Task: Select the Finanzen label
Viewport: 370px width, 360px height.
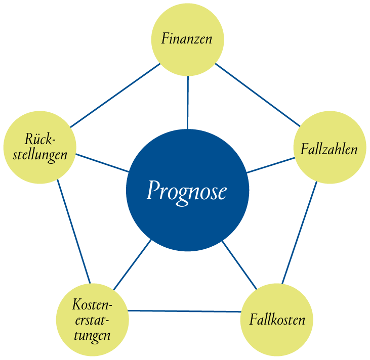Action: [187, 38]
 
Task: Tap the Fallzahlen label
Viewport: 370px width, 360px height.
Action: [329, 149]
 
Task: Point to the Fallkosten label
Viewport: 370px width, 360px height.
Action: [277, 320]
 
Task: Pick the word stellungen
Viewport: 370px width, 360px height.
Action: [40, 155]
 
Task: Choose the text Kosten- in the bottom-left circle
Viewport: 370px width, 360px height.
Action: [92, 304]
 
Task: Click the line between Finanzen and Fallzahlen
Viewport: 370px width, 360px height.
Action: [258, 95]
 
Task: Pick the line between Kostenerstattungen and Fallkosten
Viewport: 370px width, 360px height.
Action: [184, 311]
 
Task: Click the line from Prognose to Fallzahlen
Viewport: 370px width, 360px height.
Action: [271, 165]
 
